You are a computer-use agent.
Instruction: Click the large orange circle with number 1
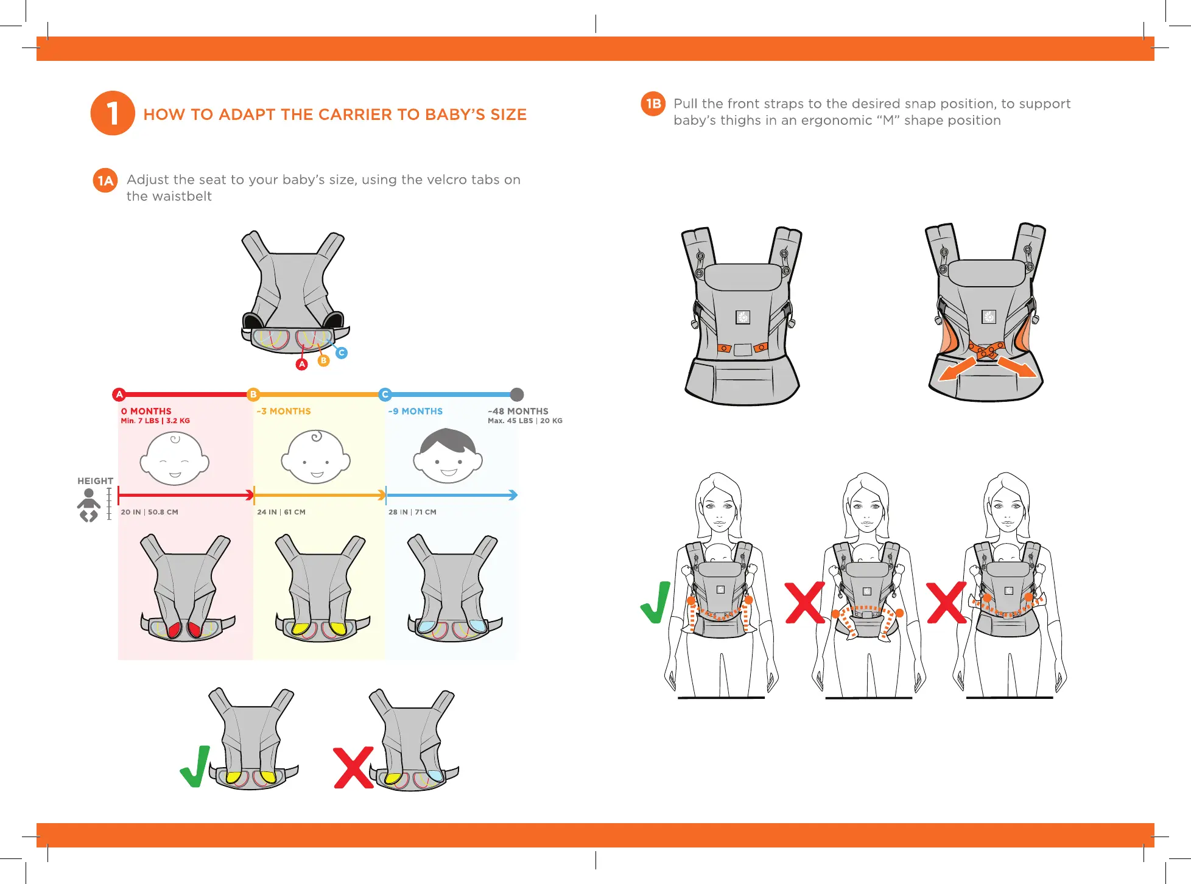tap(113, 113)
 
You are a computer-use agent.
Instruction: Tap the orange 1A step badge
tap(105, 181)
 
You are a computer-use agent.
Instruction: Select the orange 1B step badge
tap(653, 103)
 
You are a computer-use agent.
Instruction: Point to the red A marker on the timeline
tap(119, 395)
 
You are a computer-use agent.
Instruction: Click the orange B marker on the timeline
tap(253, 395)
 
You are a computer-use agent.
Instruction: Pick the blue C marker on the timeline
tap(385, 395)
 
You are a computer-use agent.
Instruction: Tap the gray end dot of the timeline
tap(517, 395)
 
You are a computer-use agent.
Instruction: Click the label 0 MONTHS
tap(146, 412)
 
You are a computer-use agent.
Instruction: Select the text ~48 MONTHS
tap(518, 412)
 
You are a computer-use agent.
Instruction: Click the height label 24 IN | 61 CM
tap(281, 512)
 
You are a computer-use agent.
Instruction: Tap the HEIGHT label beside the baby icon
tap(95, 481)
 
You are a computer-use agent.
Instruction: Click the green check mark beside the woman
tap(656, 602)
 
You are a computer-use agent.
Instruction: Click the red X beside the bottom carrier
tap(353, 768)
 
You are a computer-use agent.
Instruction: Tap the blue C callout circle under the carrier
tap(342, 353)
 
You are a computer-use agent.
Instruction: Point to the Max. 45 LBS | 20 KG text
tap(525, 421)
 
